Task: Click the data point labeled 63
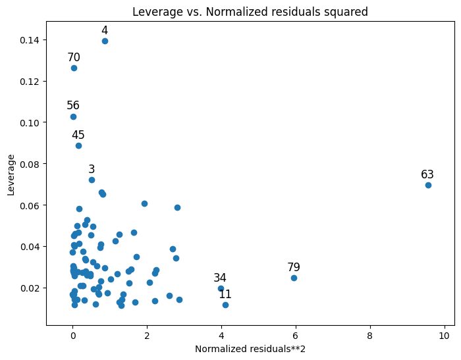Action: click(x=428, y=185)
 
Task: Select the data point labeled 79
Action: click(x=294, y=278)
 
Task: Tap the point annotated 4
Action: click(x=105, y=41)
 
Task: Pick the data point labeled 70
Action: click(x=74, y=68)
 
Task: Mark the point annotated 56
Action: click(x=73, y=116)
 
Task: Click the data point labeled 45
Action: click(x=78, y=145)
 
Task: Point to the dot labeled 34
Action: click(x=221, y=288)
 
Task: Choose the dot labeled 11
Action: click(x=225, y=305)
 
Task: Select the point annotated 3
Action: click(x=92, y=180)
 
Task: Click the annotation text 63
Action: click(x=427, y=174)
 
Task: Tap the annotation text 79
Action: click(x=294, y=267)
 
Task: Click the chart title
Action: click(x=250, y=11)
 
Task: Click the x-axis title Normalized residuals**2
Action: click(x=250, y=349)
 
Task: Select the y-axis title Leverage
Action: click(x=11, y=175)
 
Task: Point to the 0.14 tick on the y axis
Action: click(x=29, y=40)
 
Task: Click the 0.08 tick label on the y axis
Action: click(x=29, y=164)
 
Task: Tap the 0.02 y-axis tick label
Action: click(x=29, y=288)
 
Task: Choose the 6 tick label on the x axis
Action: click(x=296, y=335)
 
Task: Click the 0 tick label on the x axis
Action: click(x=72, y=335)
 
